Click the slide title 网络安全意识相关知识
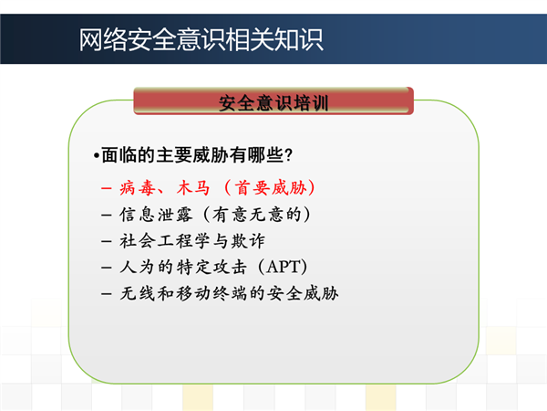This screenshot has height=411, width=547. [x=201, y=40]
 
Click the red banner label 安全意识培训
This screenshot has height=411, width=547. [x=273, y=102]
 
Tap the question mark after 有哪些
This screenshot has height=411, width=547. [x=288, y=155]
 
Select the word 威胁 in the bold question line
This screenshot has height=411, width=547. [x=211, y=155]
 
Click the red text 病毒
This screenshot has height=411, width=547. [x=137, y=188]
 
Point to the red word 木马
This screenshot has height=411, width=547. [x=193, y=188]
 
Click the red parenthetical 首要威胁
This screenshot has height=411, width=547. [x=271, y=188]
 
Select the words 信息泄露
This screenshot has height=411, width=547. [x=156, y=215]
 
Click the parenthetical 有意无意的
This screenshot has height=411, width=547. [x=257, y=215]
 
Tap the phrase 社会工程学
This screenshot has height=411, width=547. [x=165, y=241]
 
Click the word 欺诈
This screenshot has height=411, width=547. [x=248, y=241]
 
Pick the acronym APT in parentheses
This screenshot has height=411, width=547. [x=283, y=267]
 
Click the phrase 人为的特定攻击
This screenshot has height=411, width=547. [x=183, y=267]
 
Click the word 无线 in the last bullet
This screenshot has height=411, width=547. [x=138, y=293]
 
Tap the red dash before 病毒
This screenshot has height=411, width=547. [x=106, y=189]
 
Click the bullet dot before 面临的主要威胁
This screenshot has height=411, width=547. [x=97, y=156]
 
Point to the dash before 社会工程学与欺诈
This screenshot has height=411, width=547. [x=106, y=241]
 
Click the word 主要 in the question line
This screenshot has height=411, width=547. [x=174, y=155]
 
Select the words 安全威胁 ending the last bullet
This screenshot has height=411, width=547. [x=303, y=293]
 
